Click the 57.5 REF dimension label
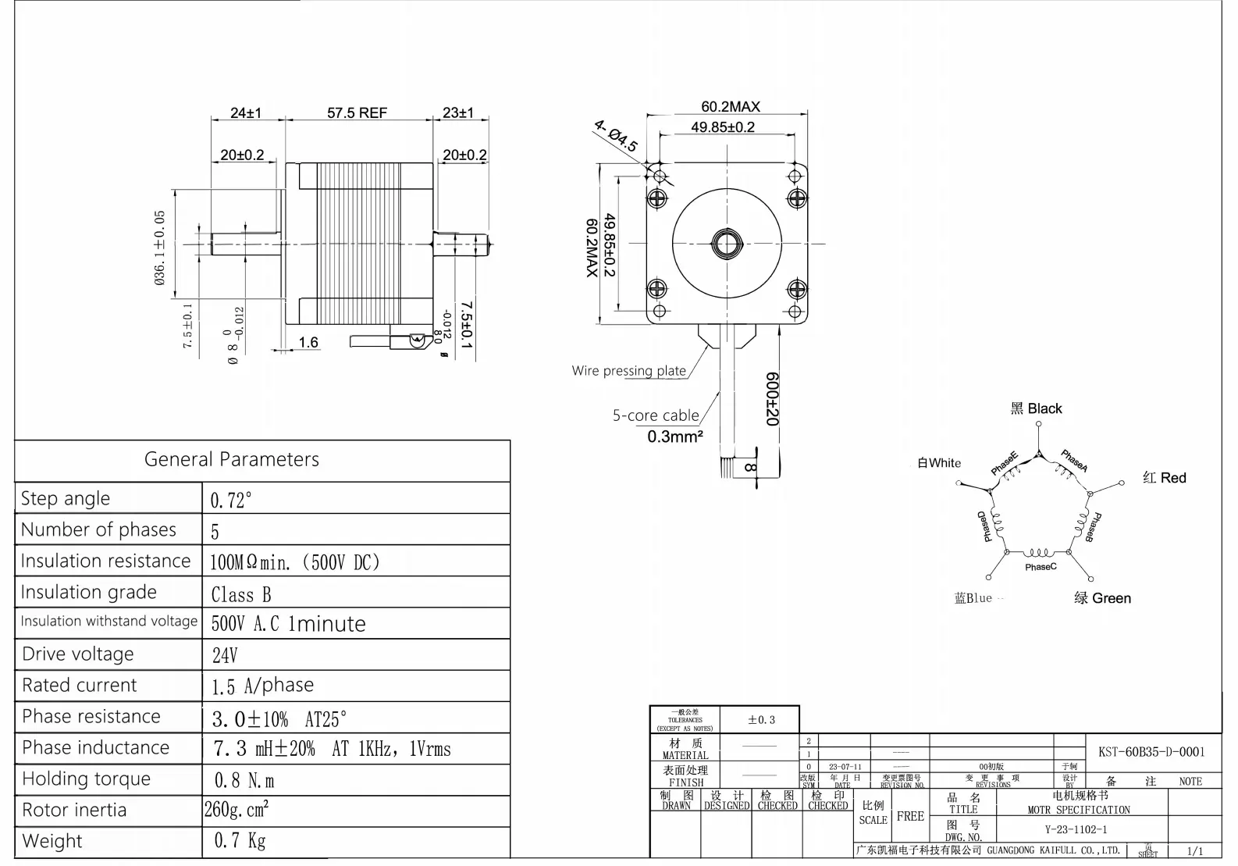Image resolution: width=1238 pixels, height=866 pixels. coord(357,113)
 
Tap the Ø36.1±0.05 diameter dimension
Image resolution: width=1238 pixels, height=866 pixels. coord(160,248)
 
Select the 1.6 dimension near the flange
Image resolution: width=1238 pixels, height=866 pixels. coord(308,342)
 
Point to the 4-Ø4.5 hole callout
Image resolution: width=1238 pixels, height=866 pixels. coord(616,137)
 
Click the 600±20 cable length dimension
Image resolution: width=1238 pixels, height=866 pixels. coord(772,398)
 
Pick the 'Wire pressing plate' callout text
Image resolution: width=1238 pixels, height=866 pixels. coord(628,371)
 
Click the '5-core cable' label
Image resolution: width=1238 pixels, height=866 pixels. coord(656,415)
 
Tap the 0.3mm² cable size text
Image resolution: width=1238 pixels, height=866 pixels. coord(674,437)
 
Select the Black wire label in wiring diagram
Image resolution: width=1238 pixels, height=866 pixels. coord(1037,408)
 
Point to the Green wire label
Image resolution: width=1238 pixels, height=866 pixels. coord(1102,598)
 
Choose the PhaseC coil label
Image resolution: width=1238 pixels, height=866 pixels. coord(1041,567)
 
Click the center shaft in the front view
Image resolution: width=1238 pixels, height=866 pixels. coord(726,244)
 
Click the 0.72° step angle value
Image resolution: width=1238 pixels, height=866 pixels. coord(231,501)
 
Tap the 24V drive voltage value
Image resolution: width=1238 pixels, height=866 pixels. coord(225,655)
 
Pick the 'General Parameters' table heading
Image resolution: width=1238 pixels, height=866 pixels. coord(232,459)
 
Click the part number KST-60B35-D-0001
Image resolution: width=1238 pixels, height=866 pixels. coord(1151,752)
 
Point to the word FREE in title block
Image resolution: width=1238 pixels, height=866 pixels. coord(910,816)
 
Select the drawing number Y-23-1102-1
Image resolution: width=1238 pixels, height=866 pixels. coord(1076,829)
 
